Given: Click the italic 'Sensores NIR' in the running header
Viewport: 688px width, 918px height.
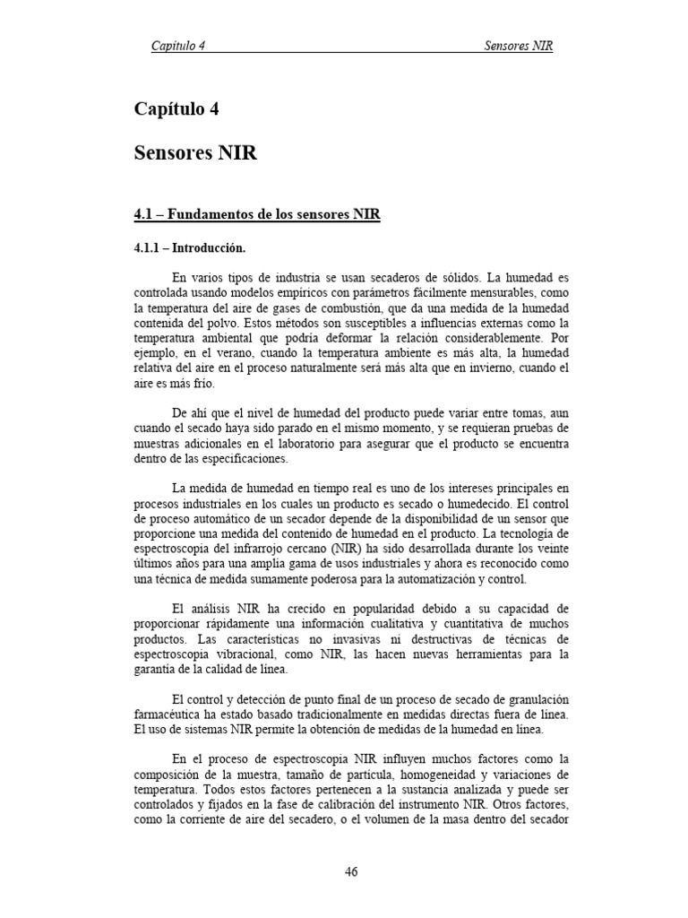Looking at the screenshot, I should coord(518,45).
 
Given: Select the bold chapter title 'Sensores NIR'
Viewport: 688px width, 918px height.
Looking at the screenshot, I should coord(195,153).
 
